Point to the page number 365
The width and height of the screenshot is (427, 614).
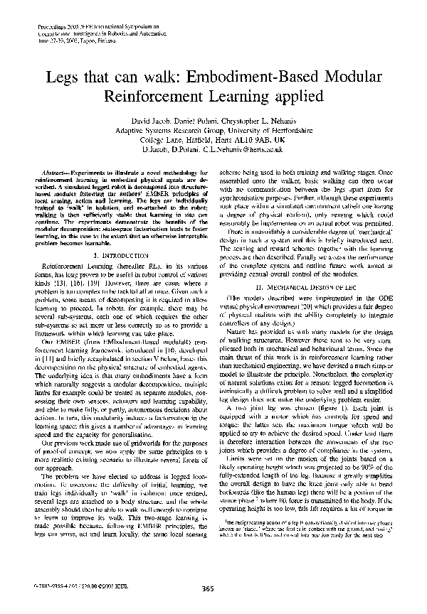pos(208,588)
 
